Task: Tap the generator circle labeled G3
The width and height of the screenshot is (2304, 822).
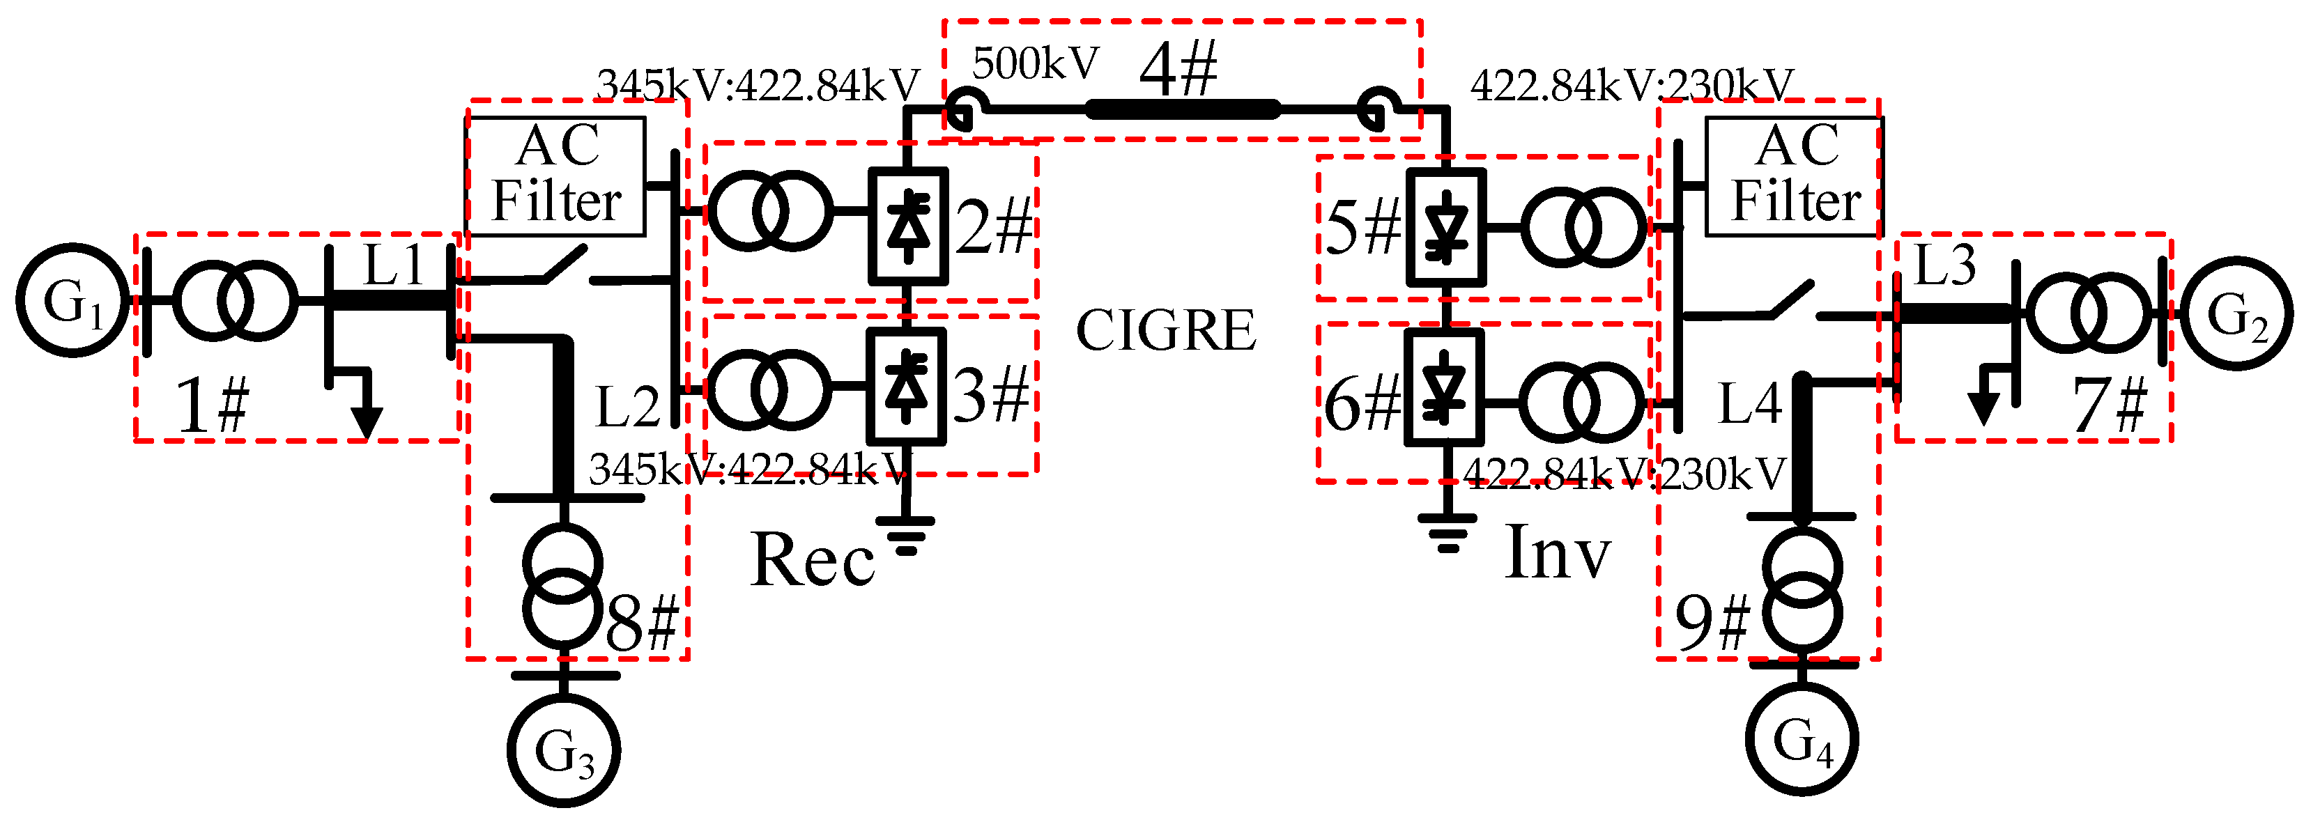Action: [x=564, y=750]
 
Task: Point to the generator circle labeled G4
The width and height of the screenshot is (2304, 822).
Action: [x=1802, y=739]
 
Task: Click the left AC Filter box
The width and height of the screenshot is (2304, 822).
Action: [x=555, y=176]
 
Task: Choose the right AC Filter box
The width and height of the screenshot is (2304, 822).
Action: [x=1794, y=176]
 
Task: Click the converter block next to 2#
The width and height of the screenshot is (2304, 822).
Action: [x=908, y=226]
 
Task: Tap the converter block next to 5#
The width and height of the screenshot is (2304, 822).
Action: [x=1446, y=227]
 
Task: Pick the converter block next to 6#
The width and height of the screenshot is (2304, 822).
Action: [x=1443, y=387]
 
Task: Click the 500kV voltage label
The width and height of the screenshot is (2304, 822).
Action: [x=1035, y=63]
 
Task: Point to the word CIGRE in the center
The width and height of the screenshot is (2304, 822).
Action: [x=1165, y=331]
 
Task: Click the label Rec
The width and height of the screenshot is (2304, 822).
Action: [x=812, y=561]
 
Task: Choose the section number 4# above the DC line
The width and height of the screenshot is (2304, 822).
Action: [x=1178, y=70]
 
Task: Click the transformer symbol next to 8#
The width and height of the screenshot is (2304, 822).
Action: [x=562, y=587]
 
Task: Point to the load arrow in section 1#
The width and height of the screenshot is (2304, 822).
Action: [x=366, y=419]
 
